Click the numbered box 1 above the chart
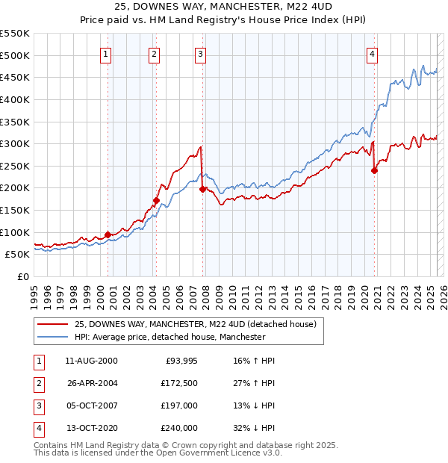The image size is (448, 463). point(106,53)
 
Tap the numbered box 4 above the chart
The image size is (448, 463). point(372,53)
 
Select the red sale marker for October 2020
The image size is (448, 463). point(375,170)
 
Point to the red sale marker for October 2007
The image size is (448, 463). point(202,190)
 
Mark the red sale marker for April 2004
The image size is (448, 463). point(156,200)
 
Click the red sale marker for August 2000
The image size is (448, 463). point(108,234)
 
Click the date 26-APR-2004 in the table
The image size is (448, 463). point(92,383)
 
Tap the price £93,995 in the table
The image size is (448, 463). point(179,361)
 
